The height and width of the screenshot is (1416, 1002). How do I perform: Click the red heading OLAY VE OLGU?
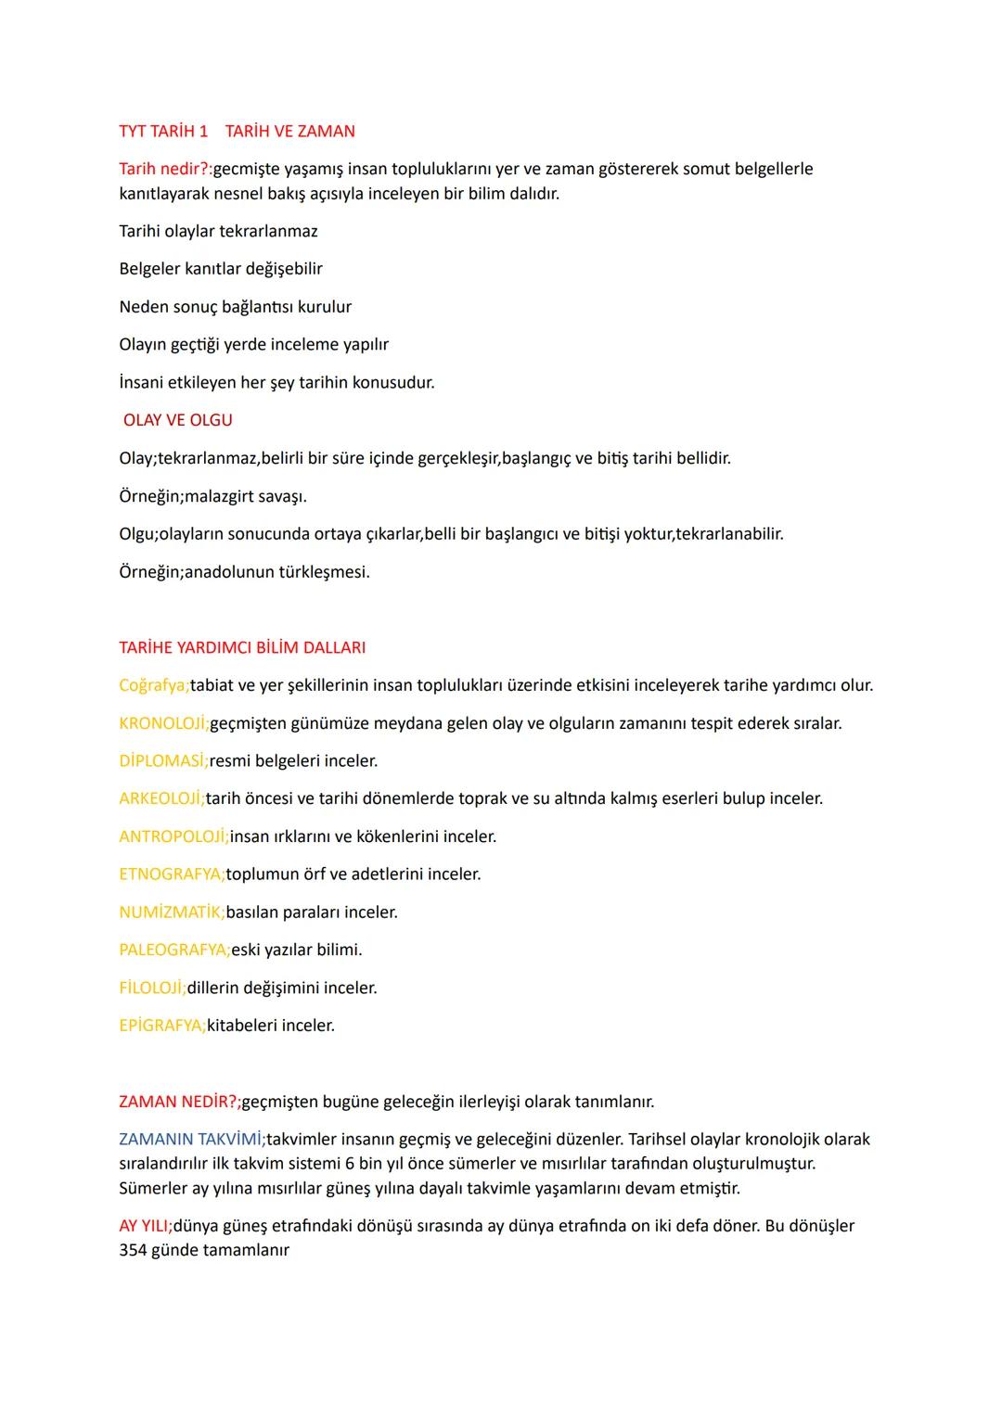[178, 420]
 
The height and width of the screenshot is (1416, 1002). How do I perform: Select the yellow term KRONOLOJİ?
[163, 723]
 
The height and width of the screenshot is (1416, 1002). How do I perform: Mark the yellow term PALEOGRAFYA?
[174, 950]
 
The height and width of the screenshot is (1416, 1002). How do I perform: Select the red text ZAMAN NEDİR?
[179, 1102]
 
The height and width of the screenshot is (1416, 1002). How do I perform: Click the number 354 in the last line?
[133, 1250]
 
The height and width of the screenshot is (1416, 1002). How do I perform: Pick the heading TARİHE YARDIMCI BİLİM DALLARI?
[242, 647]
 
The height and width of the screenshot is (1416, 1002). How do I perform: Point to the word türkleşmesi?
[324, 572]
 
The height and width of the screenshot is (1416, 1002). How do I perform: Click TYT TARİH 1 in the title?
[163, 131]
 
